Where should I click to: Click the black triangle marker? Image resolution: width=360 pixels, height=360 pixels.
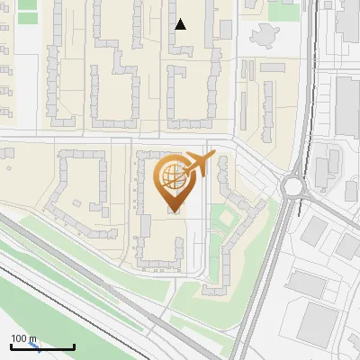[x=181, y=24]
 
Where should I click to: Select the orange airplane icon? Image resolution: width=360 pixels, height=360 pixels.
[x=200, y=165]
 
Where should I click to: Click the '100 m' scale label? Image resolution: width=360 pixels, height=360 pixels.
[x=23, y=338]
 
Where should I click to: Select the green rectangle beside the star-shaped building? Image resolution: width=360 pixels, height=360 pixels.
[x=283, y=12]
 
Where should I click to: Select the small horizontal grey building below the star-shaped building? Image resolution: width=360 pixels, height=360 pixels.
[x=272, y=67]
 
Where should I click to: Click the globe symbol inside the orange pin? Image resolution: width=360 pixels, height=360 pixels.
[x=171, y=175]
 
